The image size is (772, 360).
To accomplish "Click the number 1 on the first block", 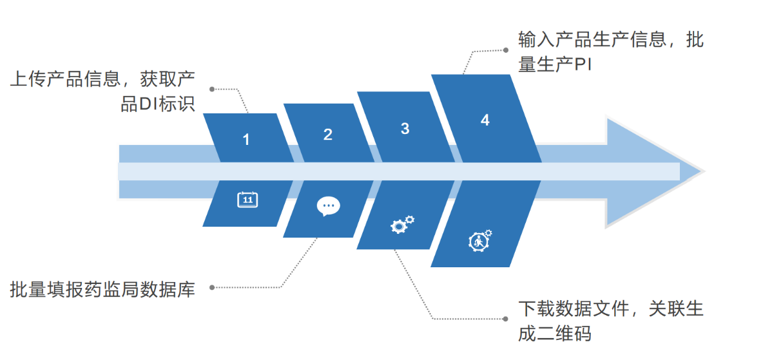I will click(246, 139).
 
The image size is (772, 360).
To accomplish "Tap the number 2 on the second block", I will click(328, 135).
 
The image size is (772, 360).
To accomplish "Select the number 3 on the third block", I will click(405, 129).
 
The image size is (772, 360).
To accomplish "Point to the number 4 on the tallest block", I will click(485, 120).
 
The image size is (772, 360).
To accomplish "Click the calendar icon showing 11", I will click(247, 200).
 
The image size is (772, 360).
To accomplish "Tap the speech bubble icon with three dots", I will click(328, 206).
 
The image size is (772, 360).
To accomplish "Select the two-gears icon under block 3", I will click(402, 223).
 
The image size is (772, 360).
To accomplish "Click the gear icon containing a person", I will click(479, 240).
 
